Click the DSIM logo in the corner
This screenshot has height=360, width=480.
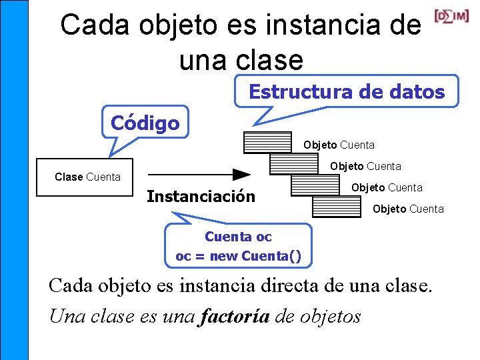pyautogui.click(x=451, y=15)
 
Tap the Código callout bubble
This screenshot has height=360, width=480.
pyautogui.click(x=145, y=123)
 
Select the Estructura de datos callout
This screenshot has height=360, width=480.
pyautogui.click(x=347, y=91)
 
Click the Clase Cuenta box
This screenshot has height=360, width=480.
pyautogui.click(x=85, y=177)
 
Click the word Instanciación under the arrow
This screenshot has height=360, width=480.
pyautogui.click(x=201, y=197)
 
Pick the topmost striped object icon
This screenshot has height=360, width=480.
pyautogui.click(x=268, y=143)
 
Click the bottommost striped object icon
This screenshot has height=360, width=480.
pyautogui.click(x=337, y=207)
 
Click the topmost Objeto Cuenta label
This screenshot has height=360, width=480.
pyautogui.click(x=339, y=145)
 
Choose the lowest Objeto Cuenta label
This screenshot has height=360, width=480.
pyautogui.click(x=408, y=209)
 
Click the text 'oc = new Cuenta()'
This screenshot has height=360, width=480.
pyautogui.click(x=238, y=255)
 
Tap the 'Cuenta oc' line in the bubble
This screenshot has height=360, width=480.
pyautogui.click(x=238, y=237)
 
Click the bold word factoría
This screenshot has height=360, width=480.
pyautogui.click(x=234, y=315)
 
